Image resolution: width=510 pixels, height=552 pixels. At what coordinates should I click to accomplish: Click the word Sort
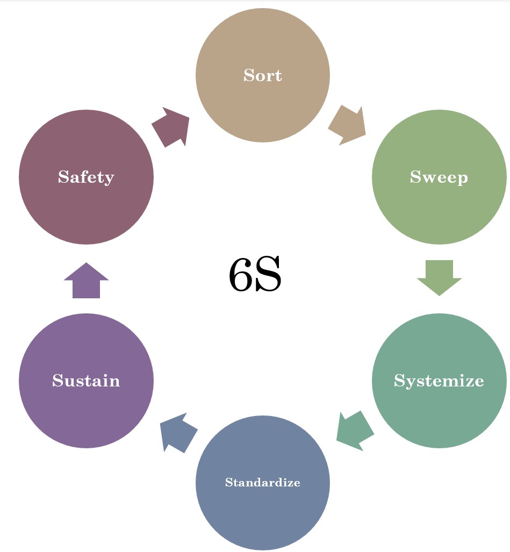[x=262, y=75]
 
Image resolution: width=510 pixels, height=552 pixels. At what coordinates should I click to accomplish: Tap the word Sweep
[x=439, y=177]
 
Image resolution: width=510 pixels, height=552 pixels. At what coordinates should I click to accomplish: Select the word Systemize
[x=439, y=381]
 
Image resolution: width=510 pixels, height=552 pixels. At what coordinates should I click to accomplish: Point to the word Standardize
[x=262, y=482]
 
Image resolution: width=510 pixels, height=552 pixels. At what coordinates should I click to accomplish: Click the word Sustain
[x=86, y=381]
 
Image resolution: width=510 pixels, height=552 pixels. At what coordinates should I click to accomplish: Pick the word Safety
[x=86, y=177]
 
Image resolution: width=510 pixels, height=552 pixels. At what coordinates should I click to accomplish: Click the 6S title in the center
[x=255, y=275]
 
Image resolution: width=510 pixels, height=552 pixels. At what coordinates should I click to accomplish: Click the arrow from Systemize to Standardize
[x=354, y=429]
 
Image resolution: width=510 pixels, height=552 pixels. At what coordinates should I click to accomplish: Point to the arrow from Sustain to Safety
[x=86, y=281]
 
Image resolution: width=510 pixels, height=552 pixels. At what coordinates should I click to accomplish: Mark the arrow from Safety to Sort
[x=171, y=127]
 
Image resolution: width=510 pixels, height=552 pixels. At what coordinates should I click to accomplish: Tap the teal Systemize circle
[x=439, y=414]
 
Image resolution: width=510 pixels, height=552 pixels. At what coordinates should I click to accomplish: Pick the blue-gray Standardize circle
[x=262, y=516]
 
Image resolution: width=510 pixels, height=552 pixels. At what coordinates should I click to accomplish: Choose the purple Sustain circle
[x=86, y=414]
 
